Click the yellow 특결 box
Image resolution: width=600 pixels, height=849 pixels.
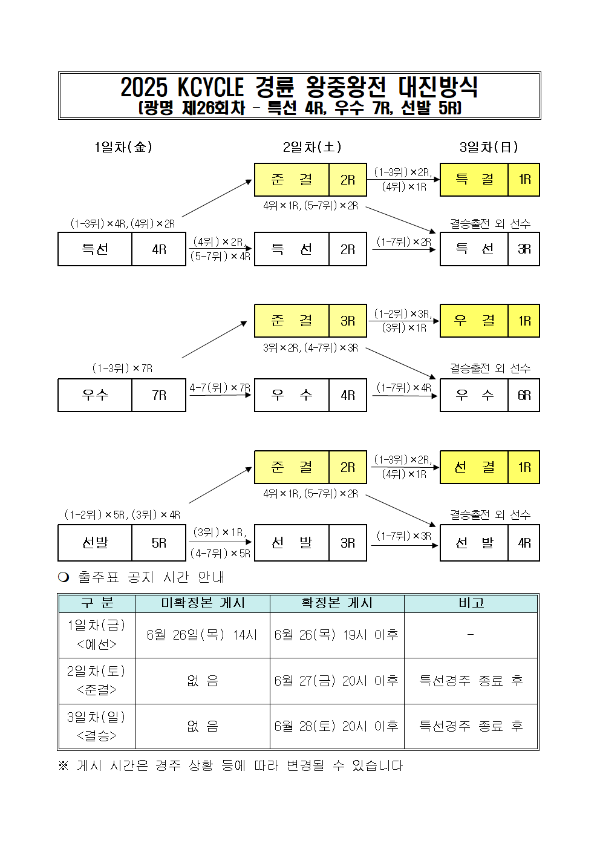tap(474, 180)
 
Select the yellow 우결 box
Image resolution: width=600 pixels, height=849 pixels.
tap(474, 321)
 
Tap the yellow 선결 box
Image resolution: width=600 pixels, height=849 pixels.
tap(474, 467)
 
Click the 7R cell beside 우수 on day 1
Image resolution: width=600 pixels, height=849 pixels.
tap(159, 395)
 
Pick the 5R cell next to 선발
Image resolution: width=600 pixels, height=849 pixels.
tap(159, 543)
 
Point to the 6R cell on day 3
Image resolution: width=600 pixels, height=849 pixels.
tap(524, 395)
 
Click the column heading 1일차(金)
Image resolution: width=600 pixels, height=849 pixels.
tap(123, 147)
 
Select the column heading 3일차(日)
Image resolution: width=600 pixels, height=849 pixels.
tap(489, 147)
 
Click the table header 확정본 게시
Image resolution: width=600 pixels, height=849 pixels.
tap(337, 603)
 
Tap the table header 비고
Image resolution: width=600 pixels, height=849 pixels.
tap(471, 603)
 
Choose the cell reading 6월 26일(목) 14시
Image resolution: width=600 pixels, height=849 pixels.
tap(202, 635)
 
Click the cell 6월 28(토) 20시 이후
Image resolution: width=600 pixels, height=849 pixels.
tap(336, 726)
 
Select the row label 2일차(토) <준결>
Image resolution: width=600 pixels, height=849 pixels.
tap(97, 680)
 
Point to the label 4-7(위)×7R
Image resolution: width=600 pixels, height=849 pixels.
tap(220, 388)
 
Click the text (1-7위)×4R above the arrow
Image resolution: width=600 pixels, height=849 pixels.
tap(403, 387)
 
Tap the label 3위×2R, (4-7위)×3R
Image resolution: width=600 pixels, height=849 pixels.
tap(310, 348)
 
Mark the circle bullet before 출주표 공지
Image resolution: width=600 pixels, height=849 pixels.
tap(64, 577)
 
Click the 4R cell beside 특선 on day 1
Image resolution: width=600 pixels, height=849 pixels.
tap(159, 249)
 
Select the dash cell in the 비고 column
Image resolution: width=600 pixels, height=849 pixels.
tap(471, 635)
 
